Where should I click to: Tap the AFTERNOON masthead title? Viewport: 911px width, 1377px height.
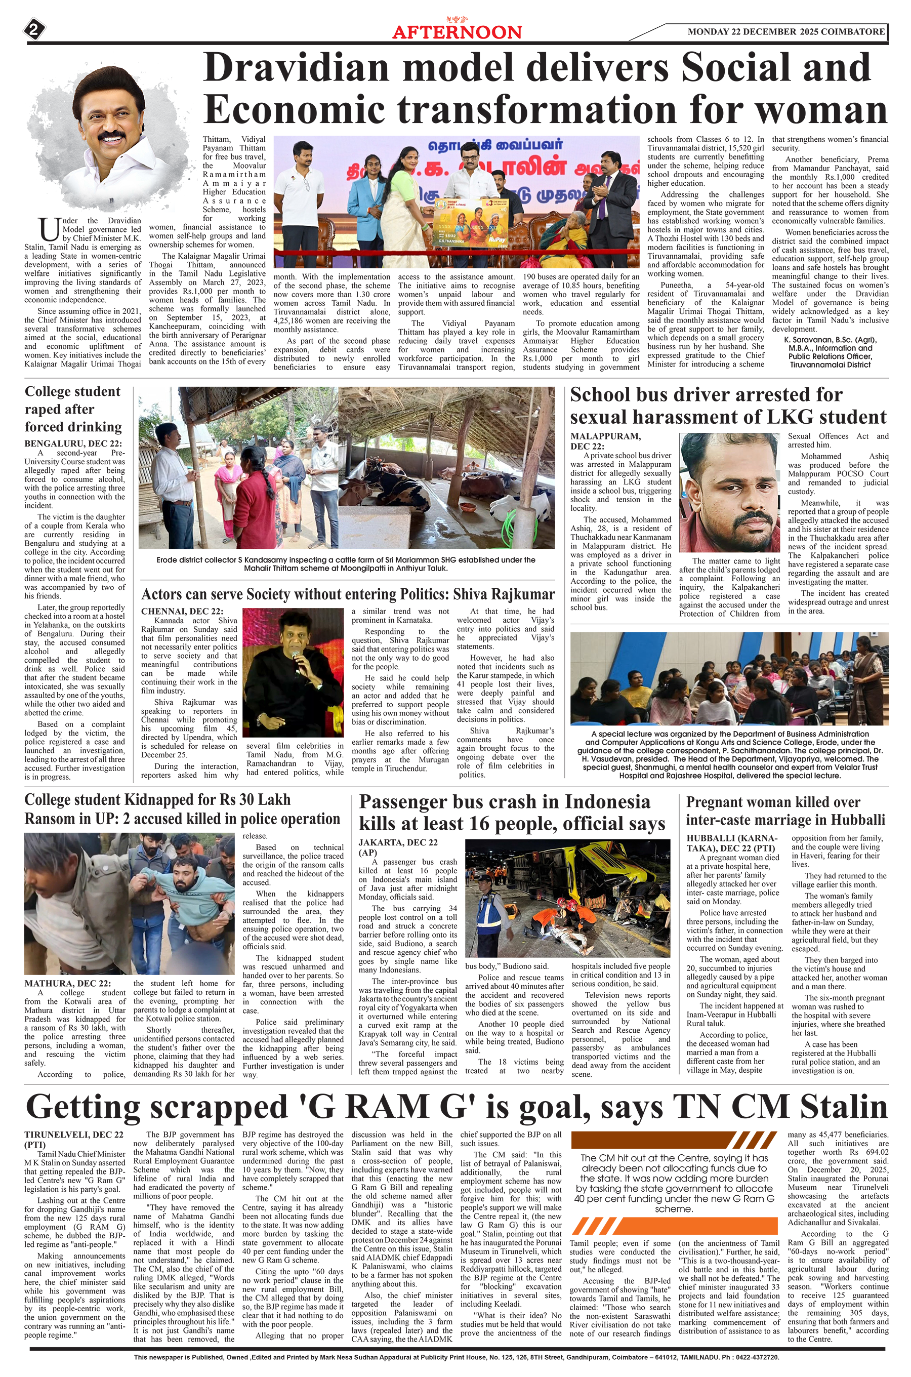(457, 32)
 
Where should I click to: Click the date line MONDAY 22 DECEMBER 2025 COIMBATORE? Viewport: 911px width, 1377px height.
(785, 31)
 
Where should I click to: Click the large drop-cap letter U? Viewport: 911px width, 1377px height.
(48, 229)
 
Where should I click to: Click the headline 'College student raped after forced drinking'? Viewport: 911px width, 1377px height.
(73, 409)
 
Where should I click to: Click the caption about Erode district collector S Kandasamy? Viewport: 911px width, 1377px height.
(346, 563)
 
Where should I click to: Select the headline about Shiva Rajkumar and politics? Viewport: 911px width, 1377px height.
(347, 594)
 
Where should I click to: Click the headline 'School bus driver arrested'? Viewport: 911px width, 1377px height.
(728, 406)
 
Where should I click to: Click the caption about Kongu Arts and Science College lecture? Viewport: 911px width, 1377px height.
(729, 754)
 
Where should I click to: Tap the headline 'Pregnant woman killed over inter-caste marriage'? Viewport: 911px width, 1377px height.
(785, 811)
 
